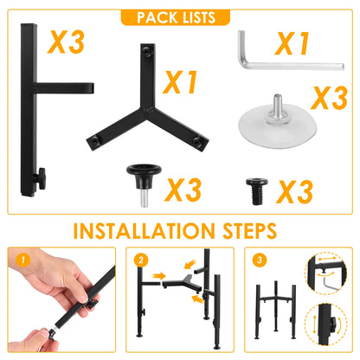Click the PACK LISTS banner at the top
179,17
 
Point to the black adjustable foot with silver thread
138,177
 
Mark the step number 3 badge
257,259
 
